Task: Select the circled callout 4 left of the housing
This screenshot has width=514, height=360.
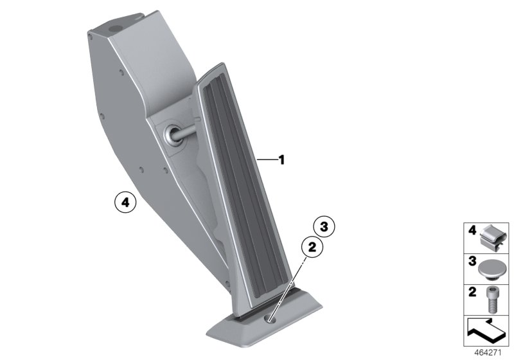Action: point(126,203)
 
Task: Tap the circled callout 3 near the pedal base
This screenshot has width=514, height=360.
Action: point(324,226)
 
